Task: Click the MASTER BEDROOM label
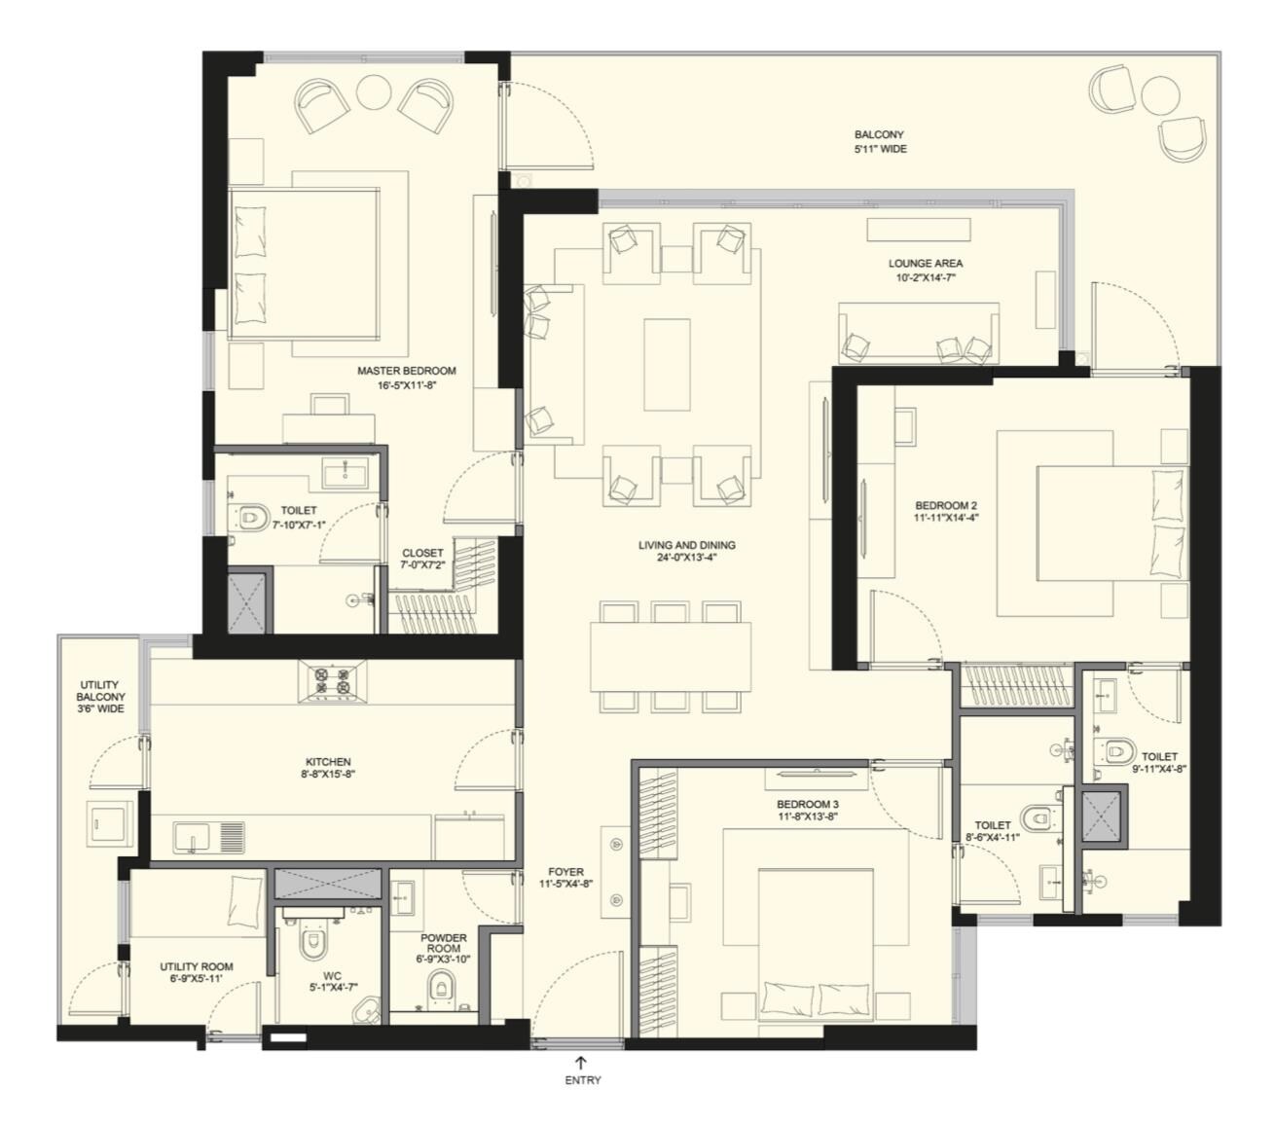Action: pos(406,371)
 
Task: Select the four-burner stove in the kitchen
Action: pos(330,681)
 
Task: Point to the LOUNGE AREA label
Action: pos(925,263)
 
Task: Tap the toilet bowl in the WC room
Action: pos(311,942)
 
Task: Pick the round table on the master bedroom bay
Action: pos(373,92)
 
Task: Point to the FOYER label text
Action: pos(565,872)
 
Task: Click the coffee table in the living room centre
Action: pos(667,351)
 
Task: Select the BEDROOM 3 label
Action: pos(807,805)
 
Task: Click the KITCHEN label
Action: pos(328,762)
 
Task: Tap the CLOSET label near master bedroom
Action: pos(422,553)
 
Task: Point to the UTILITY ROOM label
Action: pos(197,967)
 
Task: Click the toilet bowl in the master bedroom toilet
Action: pos(252,517)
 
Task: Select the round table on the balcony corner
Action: pos(1159,94)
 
